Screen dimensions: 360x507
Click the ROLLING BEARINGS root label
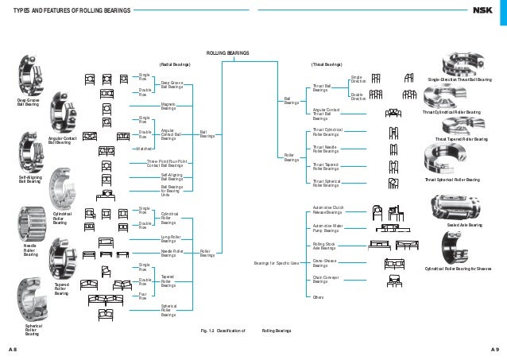pos(228,52)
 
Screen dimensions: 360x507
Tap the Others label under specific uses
pos(319,296)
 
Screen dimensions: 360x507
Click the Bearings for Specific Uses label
pos(276,262)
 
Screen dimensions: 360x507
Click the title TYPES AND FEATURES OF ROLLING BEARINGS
pos(59,10)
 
